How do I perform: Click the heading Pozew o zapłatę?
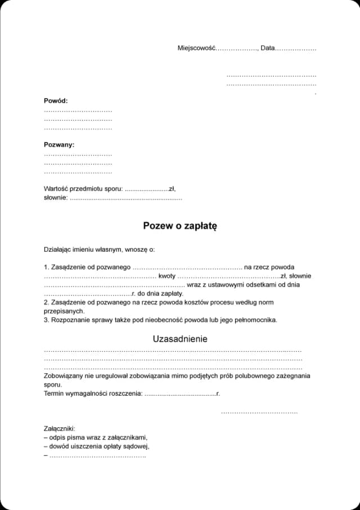180,226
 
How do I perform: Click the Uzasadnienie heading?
180,339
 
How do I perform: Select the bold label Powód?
56,101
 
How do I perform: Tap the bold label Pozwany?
59,145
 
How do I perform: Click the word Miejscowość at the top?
196,48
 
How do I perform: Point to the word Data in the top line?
268,48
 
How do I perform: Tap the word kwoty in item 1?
167,276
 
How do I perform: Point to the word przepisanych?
64,311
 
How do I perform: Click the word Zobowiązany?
64,375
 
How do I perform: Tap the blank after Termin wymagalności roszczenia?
180,393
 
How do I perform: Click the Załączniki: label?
59,428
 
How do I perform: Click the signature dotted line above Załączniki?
259,413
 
